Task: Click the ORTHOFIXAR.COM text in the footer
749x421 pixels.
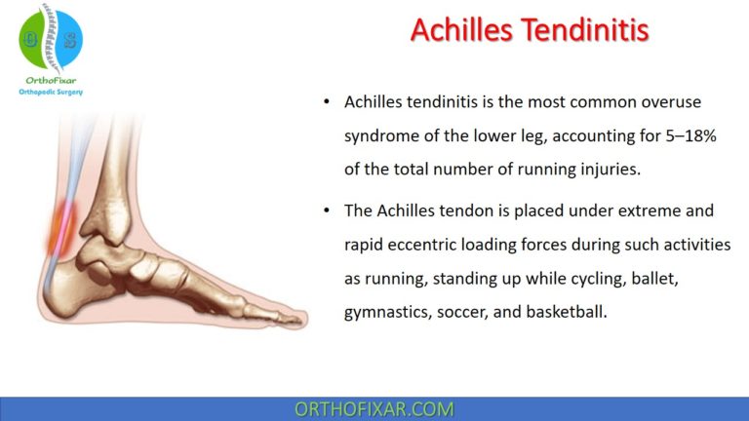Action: [x=374, y=408]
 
